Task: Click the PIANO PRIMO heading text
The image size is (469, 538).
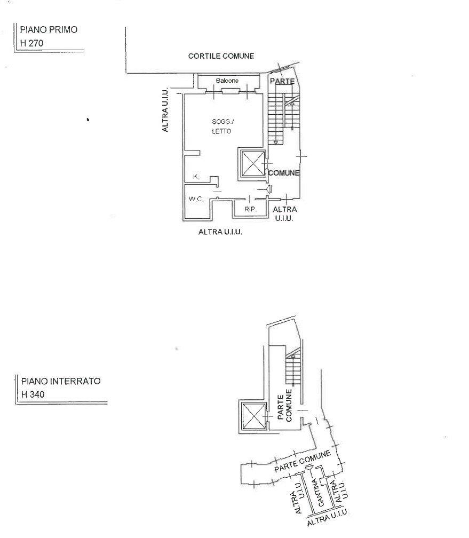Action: (49, 29)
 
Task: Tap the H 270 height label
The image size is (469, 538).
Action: (31, 43)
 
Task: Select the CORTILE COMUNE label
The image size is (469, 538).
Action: (221, 56)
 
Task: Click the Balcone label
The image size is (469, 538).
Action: (227, 81)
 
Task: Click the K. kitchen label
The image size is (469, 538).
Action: (196, 177)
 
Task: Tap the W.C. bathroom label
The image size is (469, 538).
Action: (195, 199)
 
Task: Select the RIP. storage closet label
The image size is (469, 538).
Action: (250, 209)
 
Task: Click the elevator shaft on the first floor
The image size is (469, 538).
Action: (253, 164)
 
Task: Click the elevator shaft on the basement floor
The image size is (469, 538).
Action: (254, 416)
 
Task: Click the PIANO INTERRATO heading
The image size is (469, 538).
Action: (61, 381)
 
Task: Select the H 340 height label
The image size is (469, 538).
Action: (33, 394)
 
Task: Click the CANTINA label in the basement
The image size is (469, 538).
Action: (318, 493)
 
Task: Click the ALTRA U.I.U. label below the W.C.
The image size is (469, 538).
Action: (220, 232)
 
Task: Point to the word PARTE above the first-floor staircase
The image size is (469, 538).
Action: (282, 81)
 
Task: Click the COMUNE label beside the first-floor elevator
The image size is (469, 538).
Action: (284, 173)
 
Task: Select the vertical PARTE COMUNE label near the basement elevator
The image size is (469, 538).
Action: (285, 406)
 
